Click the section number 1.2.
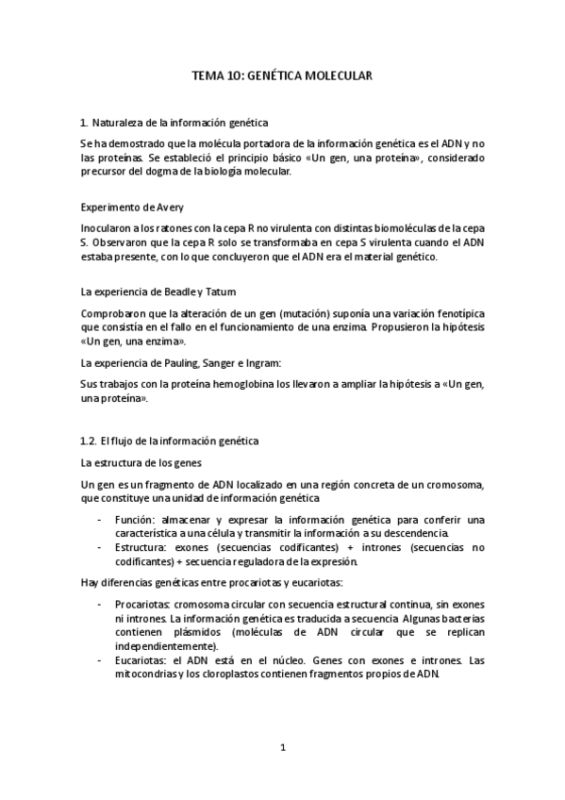point(90,442)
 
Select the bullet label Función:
point(135,520)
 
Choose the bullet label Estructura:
point(142,547)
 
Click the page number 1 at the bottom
point(283,748)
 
